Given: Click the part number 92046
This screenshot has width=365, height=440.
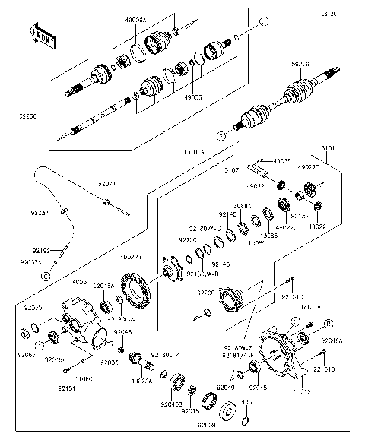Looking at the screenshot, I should point(123,332).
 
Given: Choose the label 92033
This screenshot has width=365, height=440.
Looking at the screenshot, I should point(109,362).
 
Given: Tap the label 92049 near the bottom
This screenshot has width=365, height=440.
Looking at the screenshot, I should point(226,387).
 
